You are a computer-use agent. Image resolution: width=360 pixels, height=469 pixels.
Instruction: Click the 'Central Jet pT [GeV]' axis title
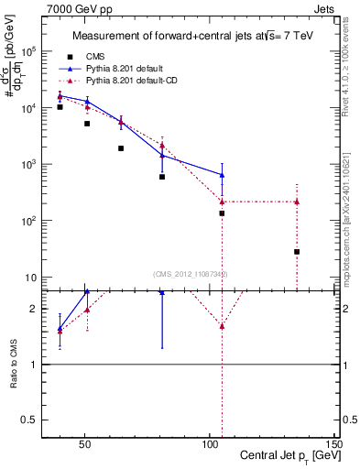(x=285, y=456)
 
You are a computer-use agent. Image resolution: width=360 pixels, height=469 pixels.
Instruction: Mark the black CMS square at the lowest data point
(x=297, y=252)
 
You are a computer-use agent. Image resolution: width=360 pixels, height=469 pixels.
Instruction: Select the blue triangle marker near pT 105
(x=222, y=175)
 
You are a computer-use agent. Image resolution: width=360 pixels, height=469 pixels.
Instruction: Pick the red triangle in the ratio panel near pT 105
(x=222, y=326)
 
